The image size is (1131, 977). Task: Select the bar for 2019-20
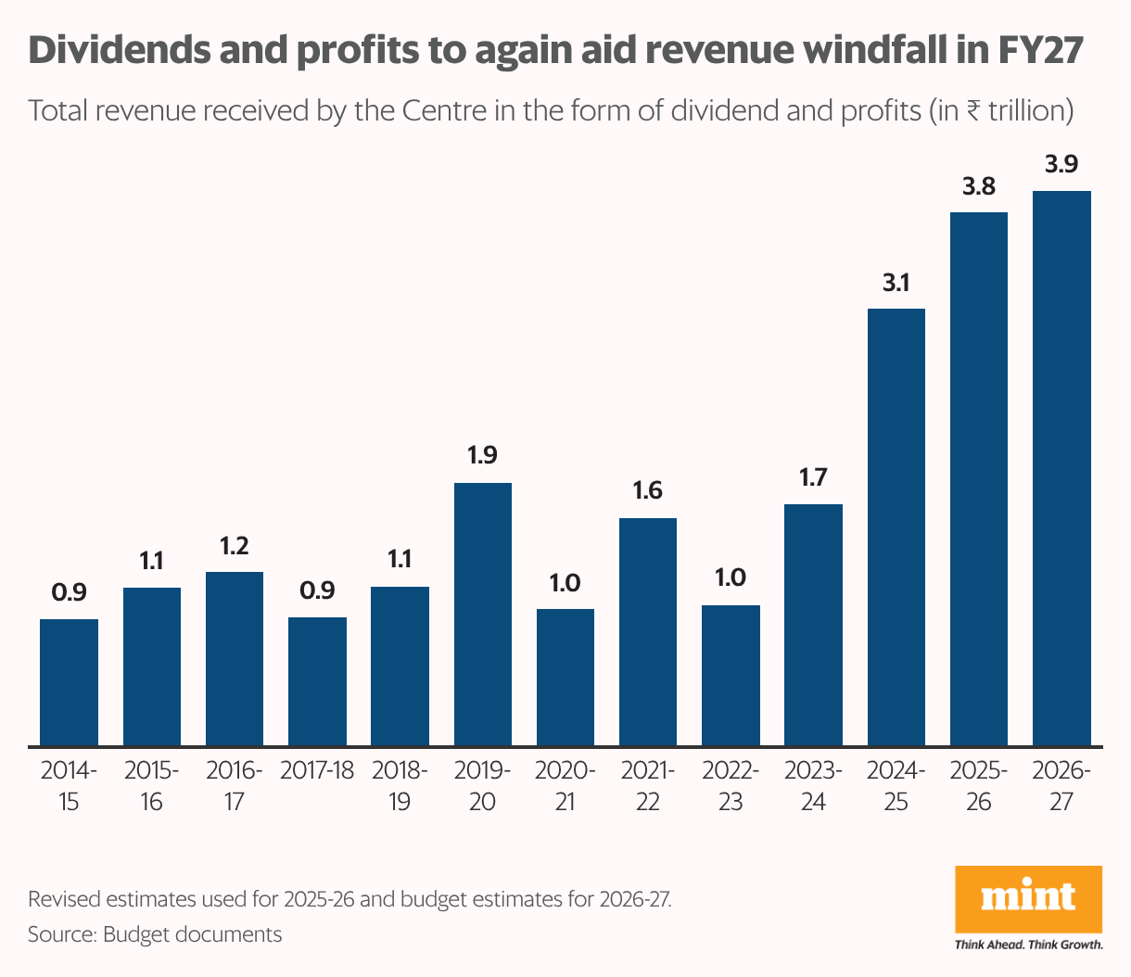tap(482, 614)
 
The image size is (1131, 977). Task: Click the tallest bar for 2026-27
tap(1061, 468)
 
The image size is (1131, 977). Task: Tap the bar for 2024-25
tap(896, 527)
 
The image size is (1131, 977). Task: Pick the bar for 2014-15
tap(69, 681)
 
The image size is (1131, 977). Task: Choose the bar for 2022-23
tap(731, 675)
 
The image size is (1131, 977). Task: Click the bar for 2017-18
tap(317, 680)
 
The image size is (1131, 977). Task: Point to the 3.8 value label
tap(979, 186)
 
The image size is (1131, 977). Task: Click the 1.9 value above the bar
tap(482, 455)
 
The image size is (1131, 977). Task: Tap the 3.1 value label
tap(896, 283)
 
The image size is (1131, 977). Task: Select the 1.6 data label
tap(647, 490)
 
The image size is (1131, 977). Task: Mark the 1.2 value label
tap(234, 546)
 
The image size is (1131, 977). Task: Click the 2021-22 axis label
tap(647, 786)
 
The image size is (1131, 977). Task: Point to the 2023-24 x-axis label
tap(813, 786)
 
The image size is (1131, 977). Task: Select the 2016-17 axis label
tap(234, 786)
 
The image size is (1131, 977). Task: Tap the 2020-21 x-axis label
tap(565, 786)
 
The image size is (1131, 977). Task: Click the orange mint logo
tap(1028, 899)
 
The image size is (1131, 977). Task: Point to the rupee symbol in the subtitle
tap(972, 111)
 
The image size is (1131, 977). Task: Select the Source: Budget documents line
tap(155, 933)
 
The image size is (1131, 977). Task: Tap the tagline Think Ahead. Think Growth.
tap(1028, 945)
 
